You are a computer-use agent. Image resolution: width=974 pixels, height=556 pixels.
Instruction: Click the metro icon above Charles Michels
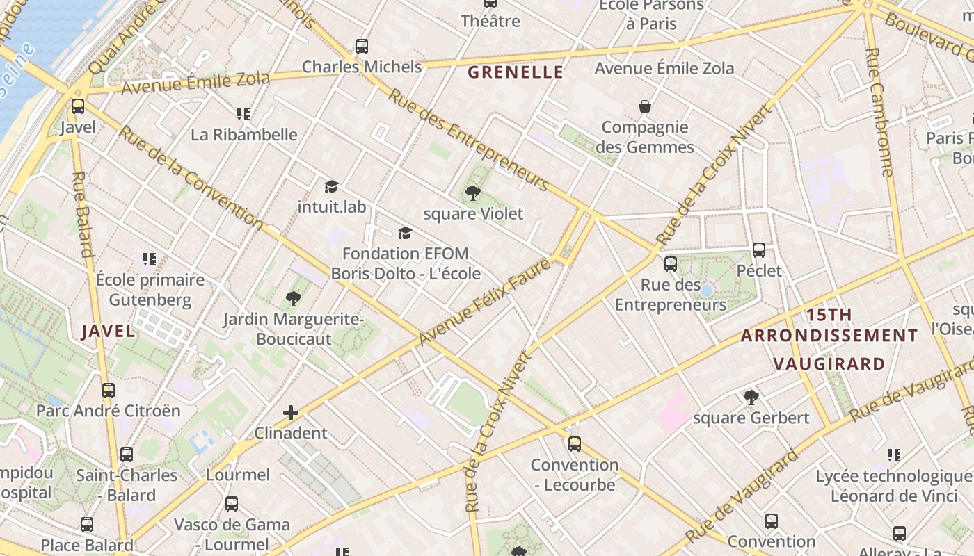coord(361,47)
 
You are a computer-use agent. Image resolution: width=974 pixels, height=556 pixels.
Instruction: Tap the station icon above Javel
coord(78,106)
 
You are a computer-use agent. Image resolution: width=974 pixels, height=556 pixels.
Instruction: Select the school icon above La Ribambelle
coord(243,113)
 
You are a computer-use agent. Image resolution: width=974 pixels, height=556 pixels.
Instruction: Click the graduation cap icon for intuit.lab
coord(331,186)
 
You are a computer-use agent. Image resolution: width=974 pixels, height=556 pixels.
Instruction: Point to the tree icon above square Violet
coord(473,193)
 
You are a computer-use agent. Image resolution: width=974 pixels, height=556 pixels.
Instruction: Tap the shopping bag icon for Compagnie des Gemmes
coord(645,106)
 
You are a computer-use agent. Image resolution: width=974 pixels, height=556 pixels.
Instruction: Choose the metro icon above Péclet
coord(759,250)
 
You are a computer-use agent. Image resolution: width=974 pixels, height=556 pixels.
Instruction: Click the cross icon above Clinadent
coord(291,413)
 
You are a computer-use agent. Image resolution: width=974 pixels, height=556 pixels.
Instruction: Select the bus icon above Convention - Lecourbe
coord(574,443)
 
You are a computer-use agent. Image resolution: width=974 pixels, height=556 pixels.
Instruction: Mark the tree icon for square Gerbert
coord(751,397)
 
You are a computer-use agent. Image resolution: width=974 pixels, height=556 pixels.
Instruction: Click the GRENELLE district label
coord(515,72)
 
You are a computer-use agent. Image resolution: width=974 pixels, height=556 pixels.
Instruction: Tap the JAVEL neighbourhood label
coord(108,331)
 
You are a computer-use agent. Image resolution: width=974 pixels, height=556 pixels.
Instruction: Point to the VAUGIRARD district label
coord(829,363)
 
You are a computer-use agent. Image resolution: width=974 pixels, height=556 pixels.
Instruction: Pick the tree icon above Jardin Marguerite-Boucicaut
coord(293,299)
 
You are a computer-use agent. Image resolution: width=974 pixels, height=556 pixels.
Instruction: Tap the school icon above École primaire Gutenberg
coord(150,259)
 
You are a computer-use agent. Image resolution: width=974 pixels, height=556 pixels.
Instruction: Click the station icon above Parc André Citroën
coord(108,390)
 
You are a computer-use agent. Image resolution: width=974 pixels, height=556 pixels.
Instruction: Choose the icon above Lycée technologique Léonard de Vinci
coord(894,455)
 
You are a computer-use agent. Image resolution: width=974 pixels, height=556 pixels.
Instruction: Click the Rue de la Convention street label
coord(191,177)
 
